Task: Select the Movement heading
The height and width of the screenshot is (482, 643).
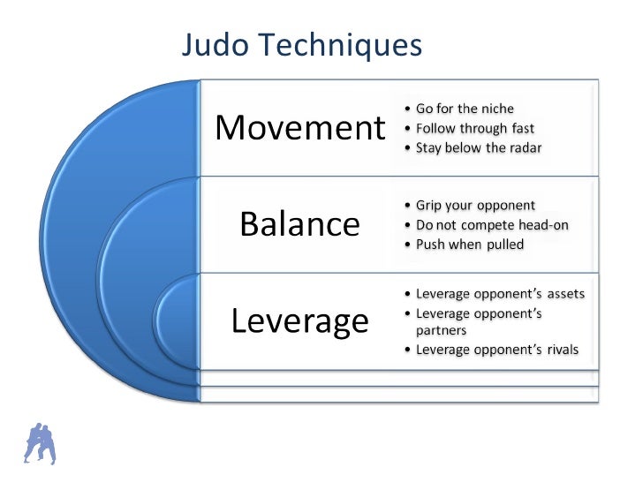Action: (x=300, y=128)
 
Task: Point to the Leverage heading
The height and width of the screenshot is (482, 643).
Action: (x=299, y=320)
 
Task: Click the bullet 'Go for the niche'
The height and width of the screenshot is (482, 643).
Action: (x=465, y=109)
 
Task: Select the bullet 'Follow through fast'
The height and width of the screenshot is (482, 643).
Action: (x=474, y=129)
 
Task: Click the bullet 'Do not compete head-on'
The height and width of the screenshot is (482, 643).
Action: (x=491, y=225)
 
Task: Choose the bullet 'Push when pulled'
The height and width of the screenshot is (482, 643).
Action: (x=468, y=244)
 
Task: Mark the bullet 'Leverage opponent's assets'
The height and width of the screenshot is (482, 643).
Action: (x=499, y=294)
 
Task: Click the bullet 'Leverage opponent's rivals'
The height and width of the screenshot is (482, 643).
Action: (x=496, y=350)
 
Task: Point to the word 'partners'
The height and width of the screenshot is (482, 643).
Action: (x=441, y=331)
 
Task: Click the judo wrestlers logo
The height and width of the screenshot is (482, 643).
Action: (x=39, y=443)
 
